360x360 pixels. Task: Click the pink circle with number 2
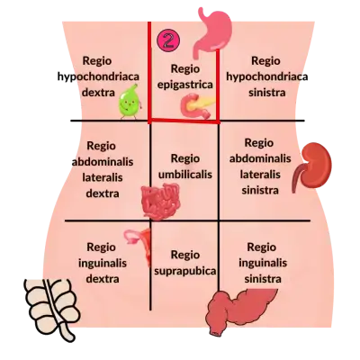coord(168,40)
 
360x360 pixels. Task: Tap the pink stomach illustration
coord(214,33)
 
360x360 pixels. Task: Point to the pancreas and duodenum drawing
coord(197,106)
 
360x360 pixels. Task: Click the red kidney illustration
coord(313,166)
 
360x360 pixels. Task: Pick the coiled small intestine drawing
coord(160,201)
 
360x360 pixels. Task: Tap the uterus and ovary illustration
coord(139,245)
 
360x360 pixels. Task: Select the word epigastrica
coord(185,85)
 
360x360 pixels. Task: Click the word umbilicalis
coord(185,175)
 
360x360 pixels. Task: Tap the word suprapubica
coord(184,271)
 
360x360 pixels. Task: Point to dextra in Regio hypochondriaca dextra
coord(98,92)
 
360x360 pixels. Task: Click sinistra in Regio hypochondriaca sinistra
coord(266,92)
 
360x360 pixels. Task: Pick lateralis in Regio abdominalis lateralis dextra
coord(103,177)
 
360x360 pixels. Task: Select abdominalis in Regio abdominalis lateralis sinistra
coord(260,158)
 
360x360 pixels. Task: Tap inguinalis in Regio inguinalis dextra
coord(103,264)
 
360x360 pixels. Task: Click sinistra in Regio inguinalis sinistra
coord(263,279)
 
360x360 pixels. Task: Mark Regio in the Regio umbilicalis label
coord(185,158)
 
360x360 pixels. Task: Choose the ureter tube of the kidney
coord(296,178)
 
